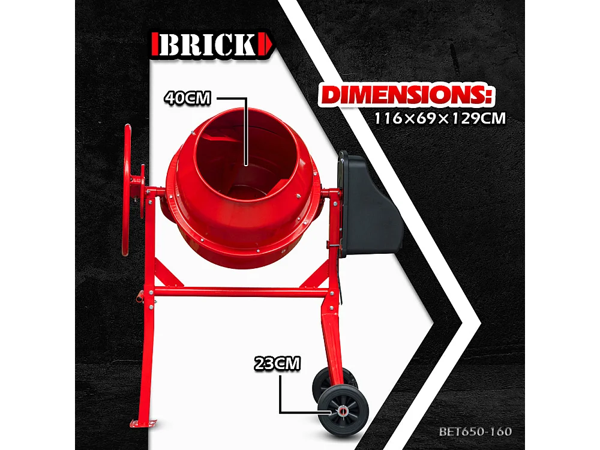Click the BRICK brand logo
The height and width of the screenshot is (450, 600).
(214, 46)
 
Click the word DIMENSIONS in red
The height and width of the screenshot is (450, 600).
(405, 95)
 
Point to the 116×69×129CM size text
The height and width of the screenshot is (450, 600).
(440, 118)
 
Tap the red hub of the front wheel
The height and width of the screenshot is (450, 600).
(342, 412)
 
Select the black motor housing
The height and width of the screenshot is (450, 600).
(367, 204)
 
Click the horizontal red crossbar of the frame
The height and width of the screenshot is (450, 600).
(240, 293)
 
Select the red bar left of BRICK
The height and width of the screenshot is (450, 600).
(155, 46)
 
